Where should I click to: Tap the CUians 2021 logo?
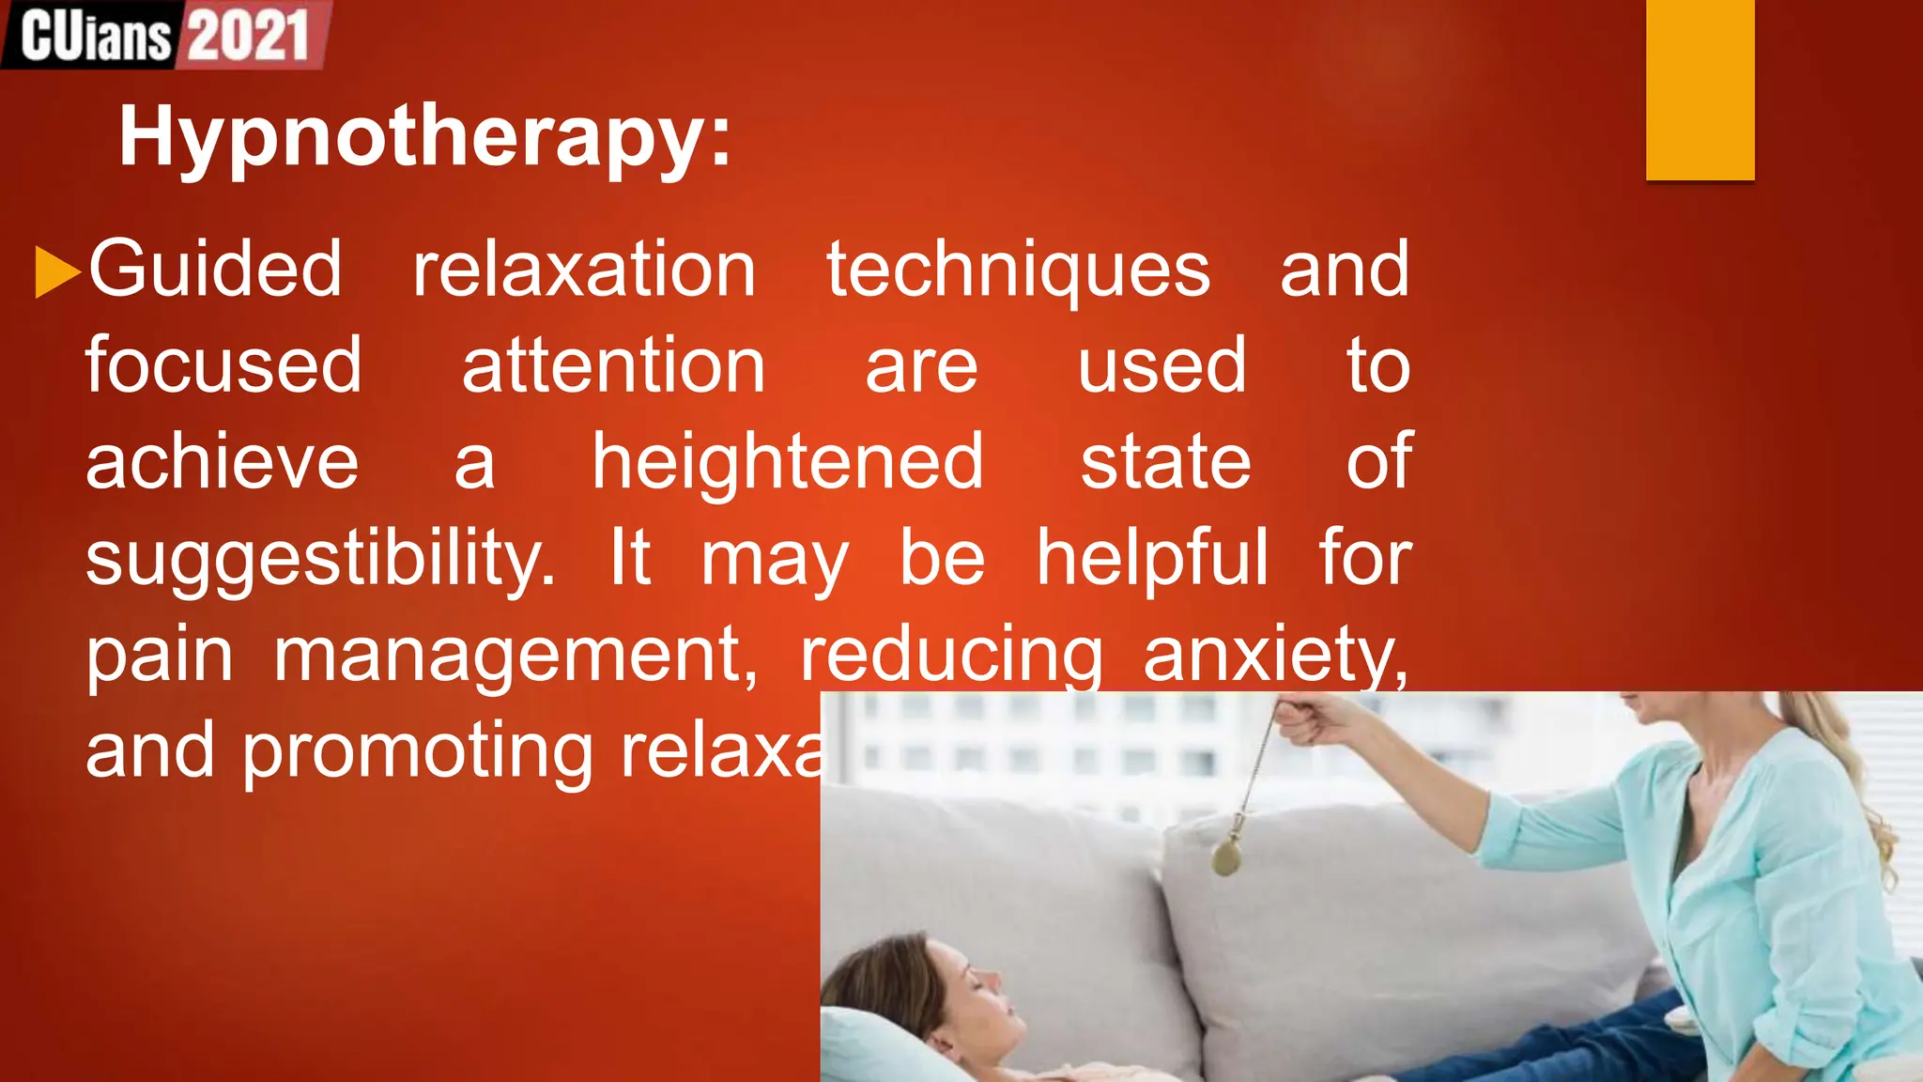(165, 35)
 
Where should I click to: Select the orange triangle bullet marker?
(55, 271)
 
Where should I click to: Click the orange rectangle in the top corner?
(1700, 89)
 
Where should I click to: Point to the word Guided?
(215, 270)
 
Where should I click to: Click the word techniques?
(1018, 270)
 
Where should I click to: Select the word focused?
(223, 365)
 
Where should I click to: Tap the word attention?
(613, 365)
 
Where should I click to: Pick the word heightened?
(788, 462)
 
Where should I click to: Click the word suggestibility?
(320, 559)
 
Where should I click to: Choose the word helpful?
(1152, 558)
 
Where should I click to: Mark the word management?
(515, 655)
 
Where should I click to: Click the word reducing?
(951, 657)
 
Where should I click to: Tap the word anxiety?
(1275, 655)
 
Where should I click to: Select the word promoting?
(417, 752)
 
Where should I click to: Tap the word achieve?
(223, 462)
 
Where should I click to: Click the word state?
(1165, 462)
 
